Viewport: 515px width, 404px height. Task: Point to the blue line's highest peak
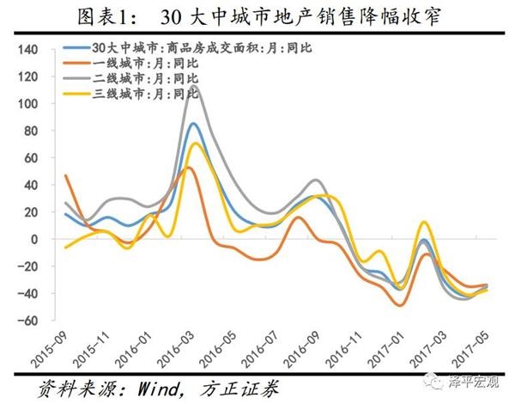tap(195, 124)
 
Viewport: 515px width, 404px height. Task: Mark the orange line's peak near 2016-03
tap(191, 168)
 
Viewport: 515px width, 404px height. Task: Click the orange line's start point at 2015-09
tap(65, 175)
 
